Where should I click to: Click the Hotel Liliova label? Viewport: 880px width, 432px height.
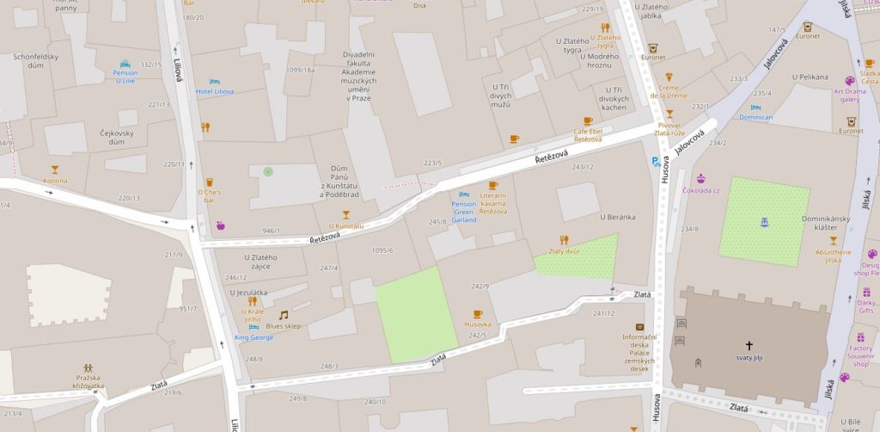tap(215, 91)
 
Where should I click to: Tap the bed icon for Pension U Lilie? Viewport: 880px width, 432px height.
tap(125, 64)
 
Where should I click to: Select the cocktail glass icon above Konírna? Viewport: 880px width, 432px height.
tap(56, 170)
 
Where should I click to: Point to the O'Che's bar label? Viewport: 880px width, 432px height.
tap(209, 195)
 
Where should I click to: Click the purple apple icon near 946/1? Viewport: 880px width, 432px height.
tap(220, 225)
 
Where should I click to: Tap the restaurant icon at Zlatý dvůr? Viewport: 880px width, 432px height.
tap(564, 240)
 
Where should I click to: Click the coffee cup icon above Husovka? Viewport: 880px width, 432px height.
tap(477, 314)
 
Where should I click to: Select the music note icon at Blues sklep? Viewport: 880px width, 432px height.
tap(283, 315)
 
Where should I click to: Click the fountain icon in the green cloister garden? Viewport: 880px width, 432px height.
tap(764, 222)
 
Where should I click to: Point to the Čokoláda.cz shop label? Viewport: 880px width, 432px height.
tap(700, 189)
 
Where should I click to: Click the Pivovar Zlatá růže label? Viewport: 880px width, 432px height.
tap(669, 129)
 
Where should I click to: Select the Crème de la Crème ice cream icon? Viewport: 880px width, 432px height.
tap(669, 76)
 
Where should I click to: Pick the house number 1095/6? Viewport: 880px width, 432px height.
tap(382, 250)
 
